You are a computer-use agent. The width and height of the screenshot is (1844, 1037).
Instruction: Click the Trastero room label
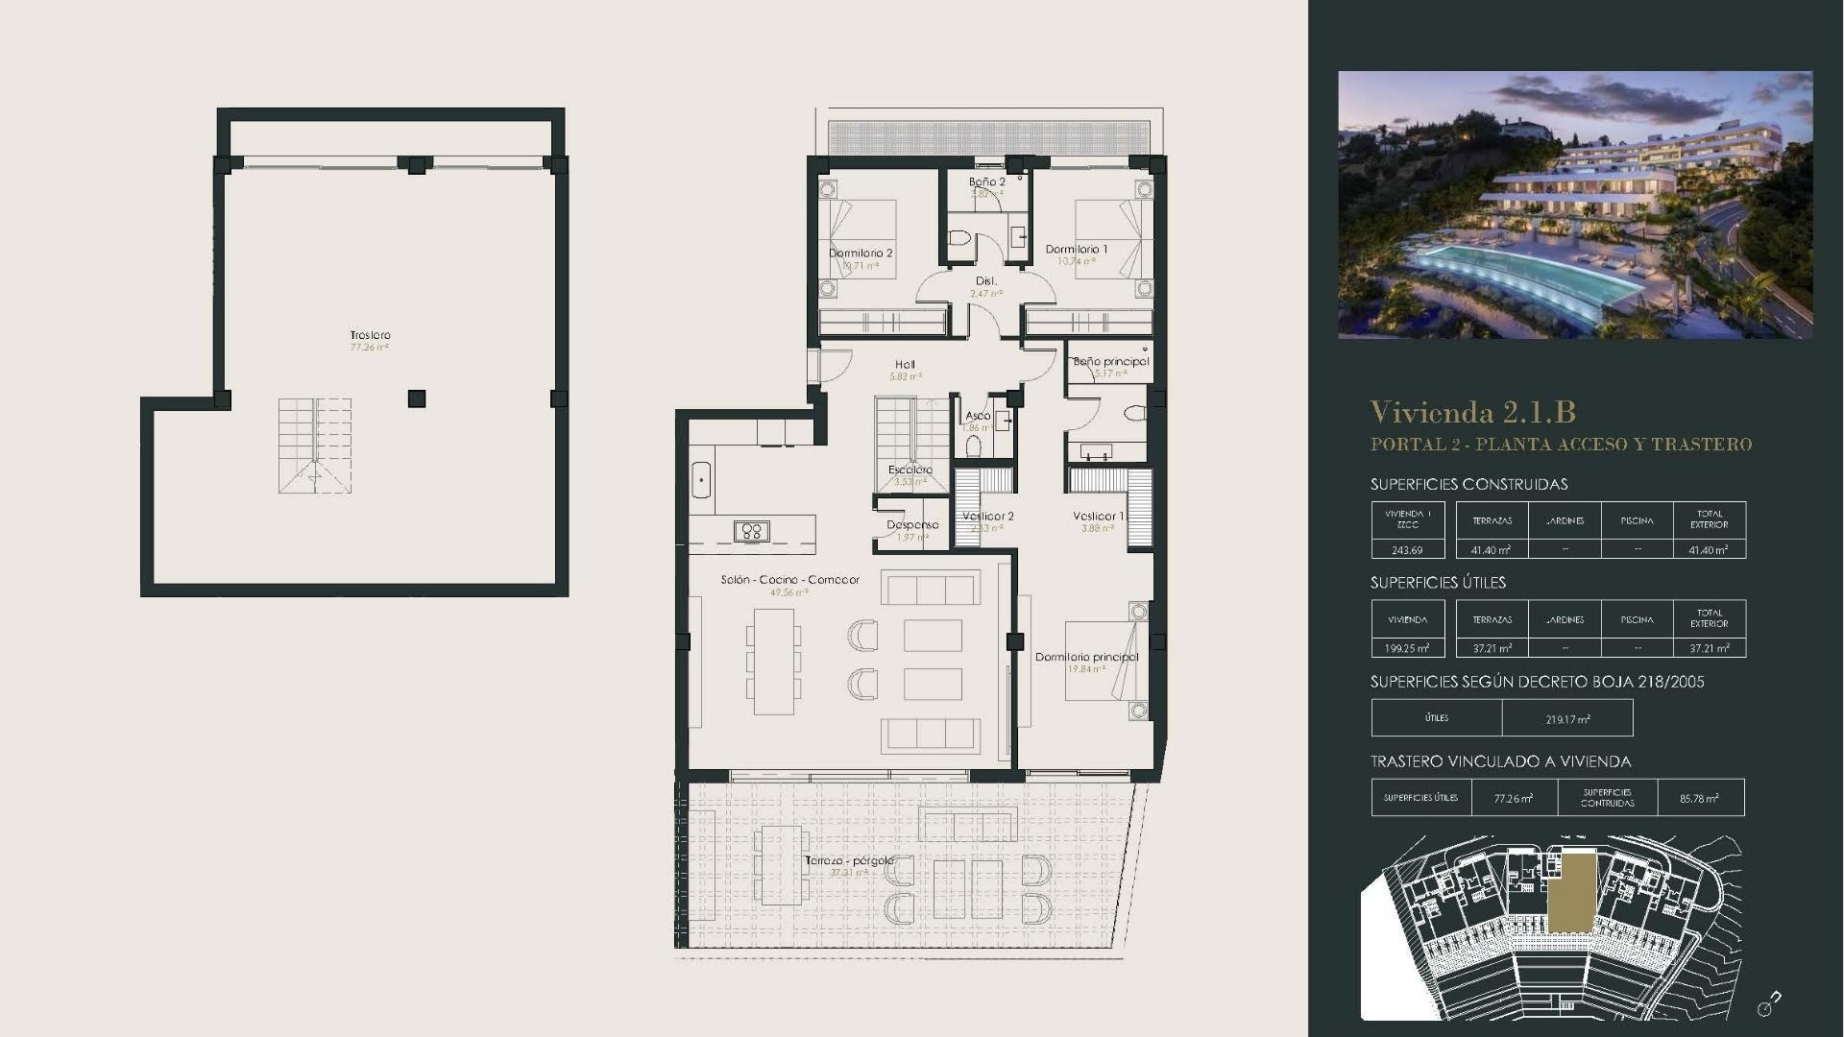(x=370, y=335)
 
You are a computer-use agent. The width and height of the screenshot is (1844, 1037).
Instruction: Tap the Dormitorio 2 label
(x=861, y=253)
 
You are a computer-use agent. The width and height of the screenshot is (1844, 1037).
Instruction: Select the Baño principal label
(x=1110, y=362)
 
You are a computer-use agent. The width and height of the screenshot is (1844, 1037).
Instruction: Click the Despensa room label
(x=911, y=525)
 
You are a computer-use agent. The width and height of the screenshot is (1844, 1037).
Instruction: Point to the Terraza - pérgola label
(x=849, y=860)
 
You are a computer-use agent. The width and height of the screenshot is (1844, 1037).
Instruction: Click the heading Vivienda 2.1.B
(x=1472, y=412)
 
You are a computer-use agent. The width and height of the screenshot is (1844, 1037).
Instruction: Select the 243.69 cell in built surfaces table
(x=1407, y=550)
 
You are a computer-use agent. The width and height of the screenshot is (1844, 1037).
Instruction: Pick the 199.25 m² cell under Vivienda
(x=1407, y=648)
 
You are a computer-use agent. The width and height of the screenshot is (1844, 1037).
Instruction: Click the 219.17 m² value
(x=1567, y=718)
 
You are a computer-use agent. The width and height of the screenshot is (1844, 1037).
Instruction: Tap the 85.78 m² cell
(x=1699, y=798)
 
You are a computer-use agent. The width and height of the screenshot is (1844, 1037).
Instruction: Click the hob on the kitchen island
(x=751, y=531)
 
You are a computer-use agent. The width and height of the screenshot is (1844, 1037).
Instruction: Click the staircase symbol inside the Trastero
(x=315, y=446)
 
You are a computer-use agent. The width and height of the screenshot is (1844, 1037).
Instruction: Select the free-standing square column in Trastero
(x=416, y=398)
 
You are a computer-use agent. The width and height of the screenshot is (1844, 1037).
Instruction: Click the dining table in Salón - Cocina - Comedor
(x=774, y=662)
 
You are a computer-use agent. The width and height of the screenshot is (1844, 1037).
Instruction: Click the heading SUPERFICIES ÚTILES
(x=1437, y=583)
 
